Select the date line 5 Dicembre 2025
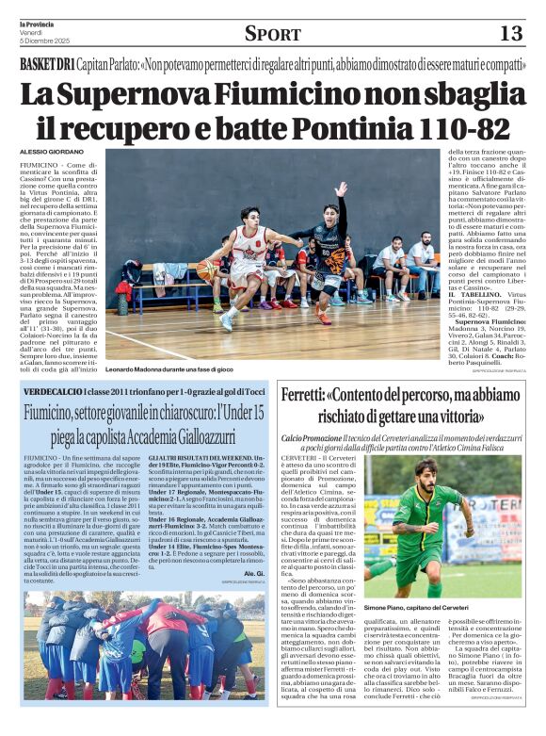tap(43, 41)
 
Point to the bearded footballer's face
tap(426, 472)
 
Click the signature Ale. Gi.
tap(253, 573)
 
